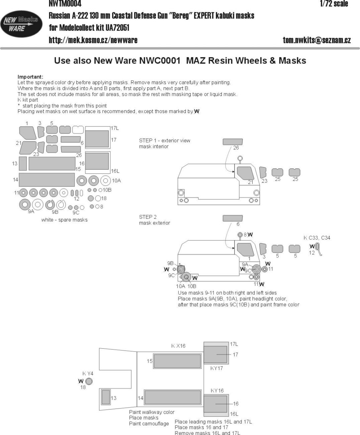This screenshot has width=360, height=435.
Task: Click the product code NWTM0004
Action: (65, 4)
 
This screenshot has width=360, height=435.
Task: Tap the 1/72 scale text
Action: (334, 4)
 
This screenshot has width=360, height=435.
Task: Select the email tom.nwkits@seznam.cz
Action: (317, 40)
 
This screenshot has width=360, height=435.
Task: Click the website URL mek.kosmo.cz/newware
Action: (93, 40)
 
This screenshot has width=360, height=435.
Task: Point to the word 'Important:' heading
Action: (30, 77)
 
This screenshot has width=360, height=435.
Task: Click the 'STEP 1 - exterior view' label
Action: (165, 141)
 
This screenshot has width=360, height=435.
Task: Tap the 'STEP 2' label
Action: (148, 217)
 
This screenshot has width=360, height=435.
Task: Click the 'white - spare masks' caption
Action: (64, 220)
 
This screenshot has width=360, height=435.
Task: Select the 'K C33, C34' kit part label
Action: (317, 238)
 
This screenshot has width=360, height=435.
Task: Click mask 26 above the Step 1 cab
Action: (233, 142)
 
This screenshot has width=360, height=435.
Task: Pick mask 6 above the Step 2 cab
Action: (233, 218)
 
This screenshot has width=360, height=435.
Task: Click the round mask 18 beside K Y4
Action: (89, 381)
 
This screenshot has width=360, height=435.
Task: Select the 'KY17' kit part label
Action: (216, 368)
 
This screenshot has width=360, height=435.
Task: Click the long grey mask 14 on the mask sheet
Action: (47, 180)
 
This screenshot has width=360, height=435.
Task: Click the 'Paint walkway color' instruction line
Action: (152, 412)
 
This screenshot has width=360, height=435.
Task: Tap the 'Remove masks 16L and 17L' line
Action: (207, 433)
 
